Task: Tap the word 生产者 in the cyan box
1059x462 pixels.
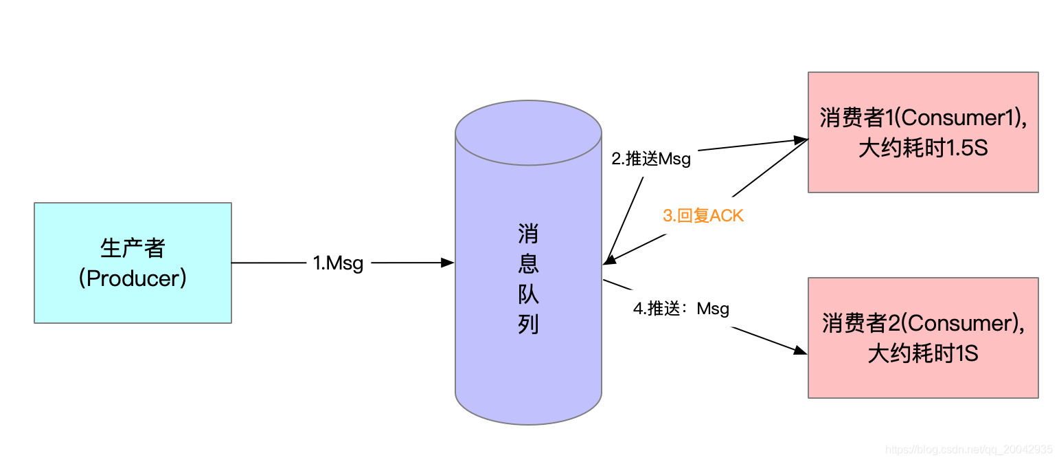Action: point(133,248)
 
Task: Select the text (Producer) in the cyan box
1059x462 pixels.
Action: point(133,278)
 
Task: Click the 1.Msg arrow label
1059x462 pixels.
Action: point(338,263)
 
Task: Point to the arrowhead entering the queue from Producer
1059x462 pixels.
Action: point(448,263)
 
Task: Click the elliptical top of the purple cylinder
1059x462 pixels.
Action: point(528,133)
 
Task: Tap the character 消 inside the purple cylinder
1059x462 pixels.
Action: point(528,235)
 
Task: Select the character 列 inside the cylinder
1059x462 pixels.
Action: point(528,324)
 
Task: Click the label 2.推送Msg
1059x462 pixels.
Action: point(651,159)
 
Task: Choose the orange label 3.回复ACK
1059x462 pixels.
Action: point(703,216)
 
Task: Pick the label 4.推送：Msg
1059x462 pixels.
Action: point(681,309)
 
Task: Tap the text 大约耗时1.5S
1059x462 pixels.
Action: point(922,148)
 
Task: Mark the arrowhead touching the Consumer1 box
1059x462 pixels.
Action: point(801,140)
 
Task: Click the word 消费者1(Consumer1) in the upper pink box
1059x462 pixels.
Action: point(922,118)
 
